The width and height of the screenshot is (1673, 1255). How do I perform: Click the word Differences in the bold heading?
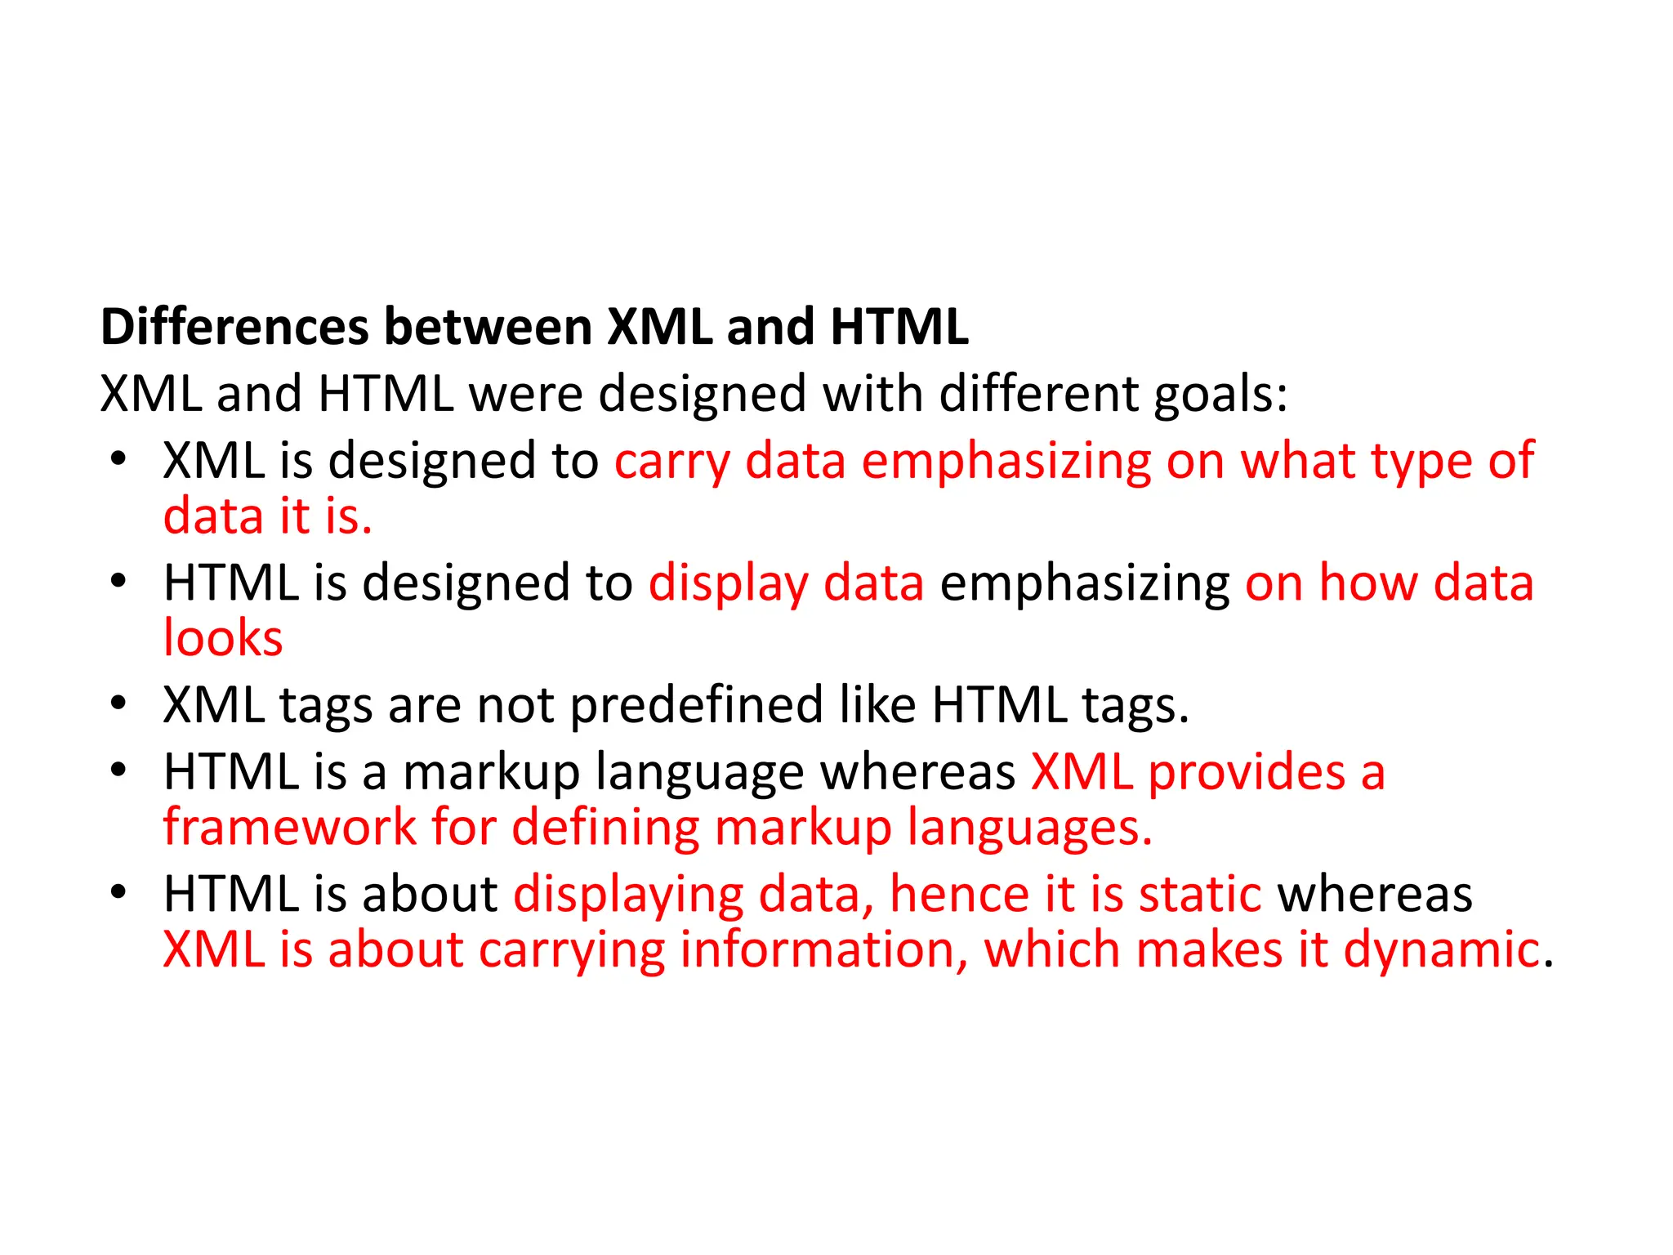tap(235, 327)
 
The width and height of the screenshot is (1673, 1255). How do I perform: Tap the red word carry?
tap(671, 462)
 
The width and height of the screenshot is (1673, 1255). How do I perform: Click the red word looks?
tap(222, 638)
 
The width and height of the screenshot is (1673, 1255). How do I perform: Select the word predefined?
tap(696, 705)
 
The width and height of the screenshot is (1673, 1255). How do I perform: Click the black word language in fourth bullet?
tap(700, 774)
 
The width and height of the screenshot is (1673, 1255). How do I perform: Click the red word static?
tap(1200, 894)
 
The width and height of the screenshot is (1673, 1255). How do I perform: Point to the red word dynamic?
tap(1441, 950)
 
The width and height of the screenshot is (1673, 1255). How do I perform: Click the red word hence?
tap(958, 894)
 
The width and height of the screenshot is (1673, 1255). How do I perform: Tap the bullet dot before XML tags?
tap(118, 703)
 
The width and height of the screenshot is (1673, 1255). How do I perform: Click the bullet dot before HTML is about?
tap(118, 892)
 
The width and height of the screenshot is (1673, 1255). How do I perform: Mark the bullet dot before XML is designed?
tap(118, 459)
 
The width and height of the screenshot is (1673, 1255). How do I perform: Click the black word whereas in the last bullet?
tap(1375, 894)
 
